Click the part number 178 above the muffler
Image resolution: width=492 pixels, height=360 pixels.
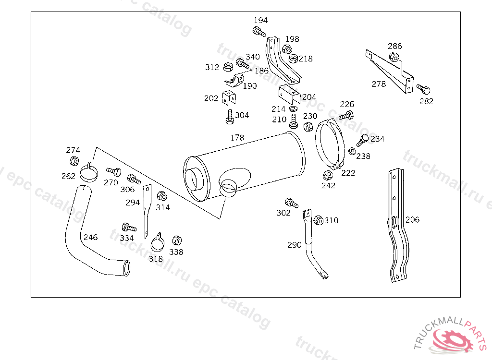coord(237,138)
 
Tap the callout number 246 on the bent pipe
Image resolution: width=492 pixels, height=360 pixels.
coord(90,237)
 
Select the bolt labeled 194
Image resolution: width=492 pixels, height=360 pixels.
coord(259,31)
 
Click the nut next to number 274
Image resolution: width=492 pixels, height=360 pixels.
coord(74,161)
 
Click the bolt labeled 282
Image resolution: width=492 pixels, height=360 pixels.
coord(423,89)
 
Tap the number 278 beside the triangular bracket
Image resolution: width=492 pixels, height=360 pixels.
coord(379,84)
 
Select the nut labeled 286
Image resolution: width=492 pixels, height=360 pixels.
coord(394,57)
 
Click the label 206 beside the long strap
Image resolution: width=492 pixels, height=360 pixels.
coord(412,219)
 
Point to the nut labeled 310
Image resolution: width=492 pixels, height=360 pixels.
coord(319,220)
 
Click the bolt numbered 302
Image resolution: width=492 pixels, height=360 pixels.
coord(291,203)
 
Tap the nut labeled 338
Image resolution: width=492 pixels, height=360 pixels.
coord(177,240)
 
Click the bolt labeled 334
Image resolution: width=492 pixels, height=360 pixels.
coord(129,228)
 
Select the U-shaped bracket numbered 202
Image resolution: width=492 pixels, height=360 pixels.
coord(229,97)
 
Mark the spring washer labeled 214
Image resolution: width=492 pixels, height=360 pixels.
coord(294,109)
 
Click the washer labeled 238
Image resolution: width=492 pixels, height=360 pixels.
coord(352,151)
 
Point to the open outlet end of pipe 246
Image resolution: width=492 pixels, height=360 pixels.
coord(127,268)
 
